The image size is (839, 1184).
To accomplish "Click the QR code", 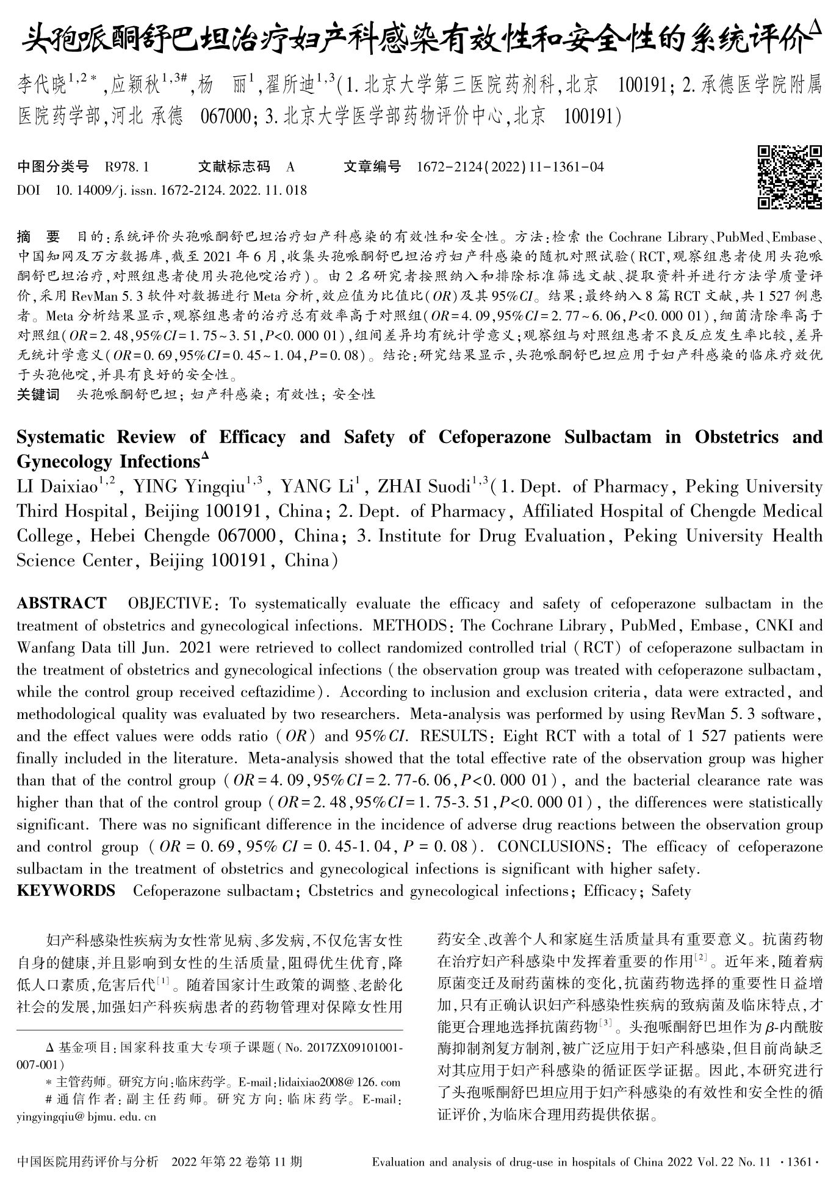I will point(790,177).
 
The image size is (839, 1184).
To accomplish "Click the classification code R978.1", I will point(127,166).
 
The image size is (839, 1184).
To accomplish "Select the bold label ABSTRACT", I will point(61,604).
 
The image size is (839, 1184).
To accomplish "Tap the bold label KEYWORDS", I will point(66,890).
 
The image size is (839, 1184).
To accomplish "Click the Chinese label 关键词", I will point(38,394).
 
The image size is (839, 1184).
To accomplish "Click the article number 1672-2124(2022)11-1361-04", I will point(510,166).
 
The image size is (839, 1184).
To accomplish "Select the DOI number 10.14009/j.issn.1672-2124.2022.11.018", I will point(181,190).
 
